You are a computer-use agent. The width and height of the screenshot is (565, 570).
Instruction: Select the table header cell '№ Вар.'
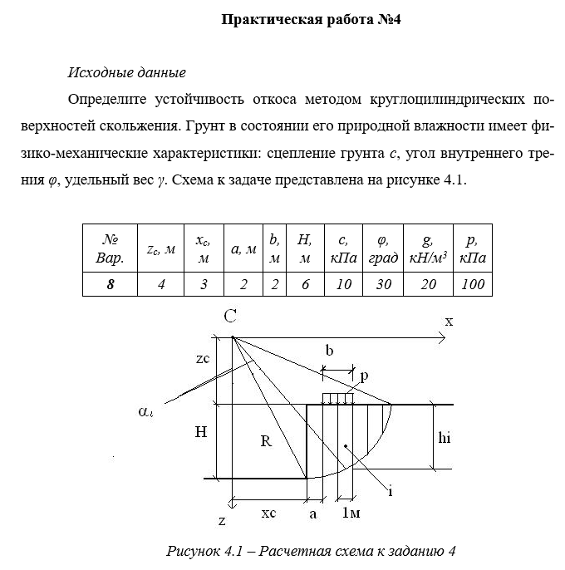pos(110,248)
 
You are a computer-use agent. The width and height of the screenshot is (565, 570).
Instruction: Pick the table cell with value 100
pos(472,284)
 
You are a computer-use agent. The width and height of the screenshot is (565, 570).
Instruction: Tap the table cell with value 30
pos(383,284)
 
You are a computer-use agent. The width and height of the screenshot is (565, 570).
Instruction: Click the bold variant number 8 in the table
pos(110,284)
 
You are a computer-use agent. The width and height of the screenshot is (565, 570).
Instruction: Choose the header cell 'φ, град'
pos(383,248)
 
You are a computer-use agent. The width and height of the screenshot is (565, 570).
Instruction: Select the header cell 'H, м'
pos(304,248)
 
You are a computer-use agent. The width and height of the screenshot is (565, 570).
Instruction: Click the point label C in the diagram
pos(232,317)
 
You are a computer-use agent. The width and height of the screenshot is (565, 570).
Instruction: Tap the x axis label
pos(448,320)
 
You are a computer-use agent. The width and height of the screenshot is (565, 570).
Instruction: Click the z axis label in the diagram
pos(222,521)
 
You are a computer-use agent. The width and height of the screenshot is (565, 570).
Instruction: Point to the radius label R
pos(266,441)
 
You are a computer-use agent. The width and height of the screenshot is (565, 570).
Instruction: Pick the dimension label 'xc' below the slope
pos(268,513)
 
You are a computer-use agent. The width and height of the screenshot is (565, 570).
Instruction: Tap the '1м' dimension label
pos(351,513)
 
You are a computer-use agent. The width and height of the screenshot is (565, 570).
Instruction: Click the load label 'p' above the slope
pos(364,376)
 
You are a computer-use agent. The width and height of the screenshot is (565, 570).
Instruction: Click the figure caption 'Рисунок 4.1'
pos(311,551)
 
